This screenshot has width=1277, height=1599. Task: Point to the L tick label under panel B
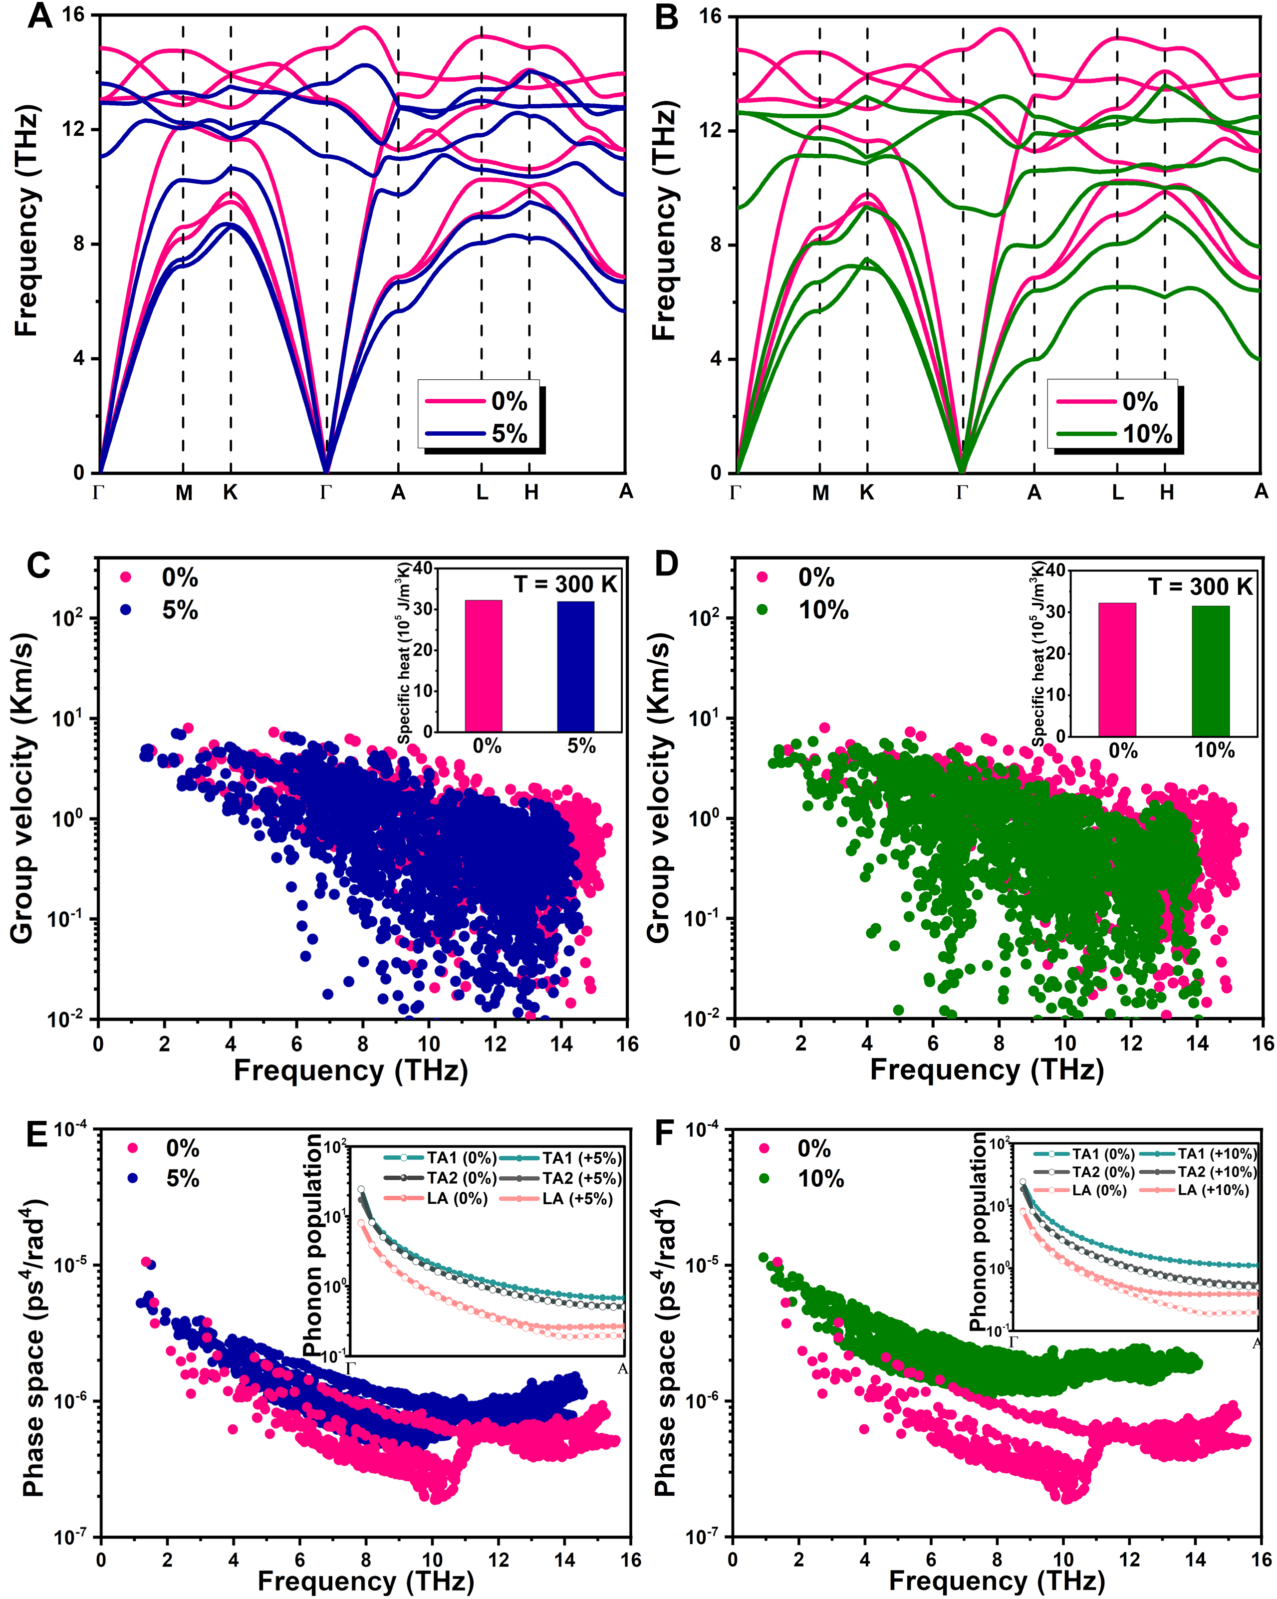coord(1117,493)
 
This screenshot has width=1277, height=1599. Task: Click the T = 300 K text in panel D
coord(1200,586)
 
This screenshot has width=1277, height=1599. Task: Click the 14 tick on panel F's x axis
coord(1196,1560)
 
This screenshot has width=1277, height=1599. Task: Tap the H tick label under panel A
coord(531,493)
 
